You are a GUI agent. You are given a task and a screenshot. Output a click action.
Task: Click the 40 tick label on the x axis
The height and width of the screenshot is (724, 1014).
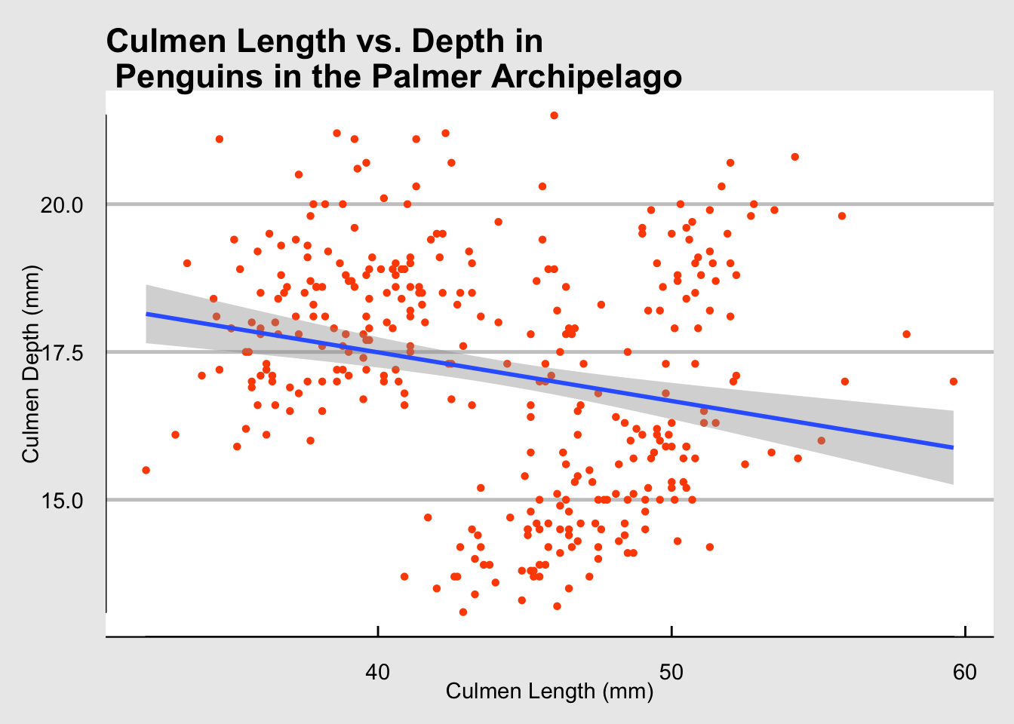[x=377, y=672]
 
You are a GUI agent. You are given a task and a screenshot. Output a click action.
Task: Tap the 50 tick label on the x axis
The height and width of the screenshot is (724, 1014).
[x=671, y=672]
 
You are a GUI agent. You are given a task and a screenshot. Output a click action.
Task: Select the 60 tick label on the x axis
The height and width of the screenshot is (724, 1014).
[x=965, y=672]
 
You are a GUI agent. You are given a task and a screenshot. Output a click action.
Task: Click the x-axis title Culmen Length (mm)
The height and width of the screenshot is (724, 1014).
[x=549, y=691]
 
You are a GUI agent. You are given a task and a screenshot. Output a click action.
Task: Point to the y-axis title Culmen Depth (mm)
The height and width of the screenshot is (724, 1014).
[x=30, y=364]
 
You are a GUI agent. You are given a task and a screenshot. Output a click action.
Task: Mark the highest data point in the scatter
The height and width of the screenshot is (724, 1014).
[x=554, y=115]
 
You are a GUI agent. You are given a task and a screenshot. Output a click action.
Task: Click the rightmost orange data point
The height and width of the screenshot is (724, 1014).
[x=954, y=382]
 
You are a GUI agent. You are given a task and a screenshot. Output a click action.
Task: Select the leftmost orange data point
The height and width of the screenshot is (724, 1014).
[x=146, y=470]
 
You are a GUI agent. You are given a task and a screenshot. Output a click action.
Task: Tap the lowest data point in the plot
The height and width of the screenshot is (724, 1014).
[x=462, y=612]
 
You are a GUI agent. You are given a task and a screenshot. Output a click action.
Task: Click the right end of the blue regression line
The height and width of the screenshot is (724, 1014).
[x=953, y=447]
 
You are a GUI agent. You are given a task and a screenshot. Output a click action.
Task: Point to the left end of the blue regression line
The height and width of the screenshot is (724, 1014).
[x=147, y=314]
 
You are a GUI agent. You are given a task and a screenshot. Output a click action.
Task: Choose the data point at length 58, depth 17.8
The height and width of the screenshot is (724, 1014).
[x=906, y=334]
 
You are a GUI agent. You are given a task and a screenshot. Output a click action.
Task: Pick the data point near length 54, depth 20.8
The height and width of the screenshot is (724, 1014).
[x=794, y=157]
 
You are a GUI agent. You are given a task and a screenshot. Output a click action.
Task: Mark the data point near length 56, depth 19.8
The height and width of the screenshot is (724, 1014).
[x=842, y=216]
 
